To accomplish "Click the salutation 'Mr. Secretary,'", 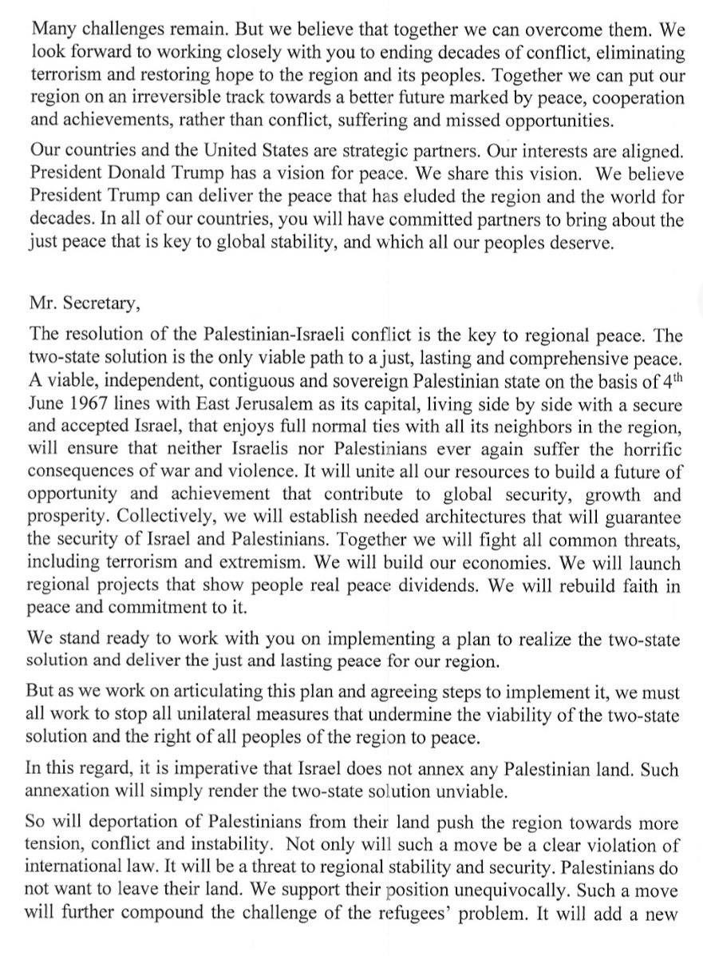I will (x=78, y=302).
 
